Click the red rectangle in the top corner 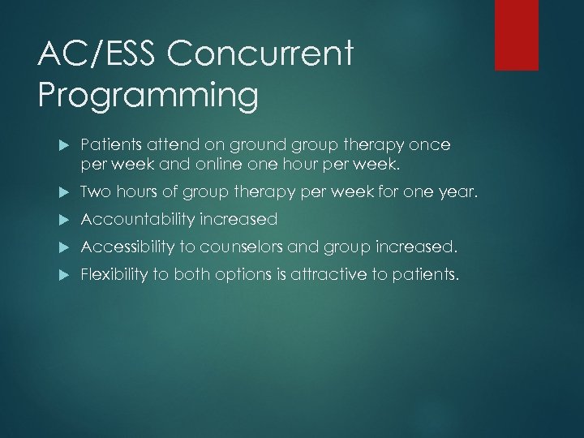click(517, 35)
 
